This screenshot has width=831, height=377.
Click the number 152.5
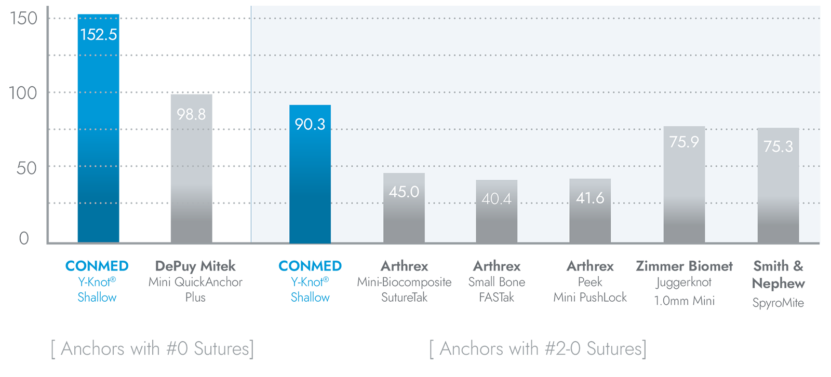99,35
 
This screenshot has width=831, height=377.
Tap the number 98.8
191,114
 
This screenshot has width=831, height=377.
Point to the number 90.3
310,125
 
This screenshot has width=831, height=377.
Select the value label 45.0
404,192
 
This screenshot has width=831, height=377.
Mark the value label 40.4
497,199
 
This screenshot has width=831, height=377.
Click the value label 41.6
590,198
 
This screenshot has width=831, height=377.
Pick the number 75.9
684,142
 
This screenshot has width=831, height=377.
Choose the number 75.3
778,146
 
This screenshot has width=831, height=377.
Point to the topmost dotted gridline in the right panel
535,18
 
